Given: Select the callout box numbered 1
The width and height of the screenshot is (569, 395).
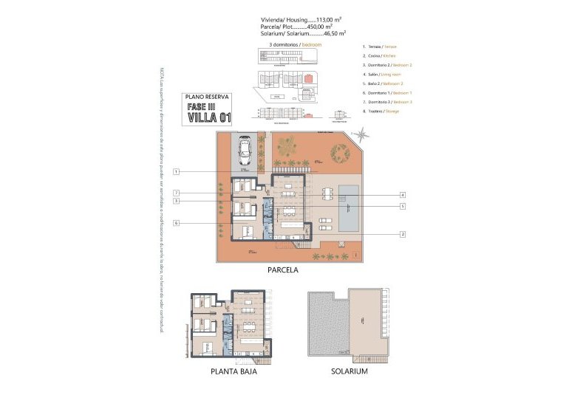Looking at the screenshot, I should point(177,172).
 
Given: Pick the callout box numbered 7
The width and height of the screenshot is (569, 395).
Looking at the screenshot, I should point(177,193).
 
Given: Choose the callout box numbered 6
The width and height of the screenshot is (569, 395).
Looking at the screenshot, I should point(177,222).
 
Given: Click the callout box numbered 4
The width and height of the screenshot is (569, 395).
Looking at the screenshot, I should point(403,195).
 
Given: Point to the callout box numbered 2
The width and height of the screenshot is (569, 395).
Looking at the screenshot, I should point(403,234).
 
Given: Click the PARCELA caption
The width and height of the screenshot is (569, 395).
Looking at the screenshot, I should point(283,271).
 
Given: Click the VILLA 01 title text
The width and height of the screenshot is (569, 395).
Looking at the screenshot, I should point(209,117).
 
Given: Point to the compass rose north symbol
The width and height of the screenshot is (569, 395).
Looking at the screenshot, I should point(361,134).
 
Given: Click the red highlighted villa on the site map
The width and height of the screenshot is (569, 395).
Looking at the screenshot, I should point(309,78).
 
